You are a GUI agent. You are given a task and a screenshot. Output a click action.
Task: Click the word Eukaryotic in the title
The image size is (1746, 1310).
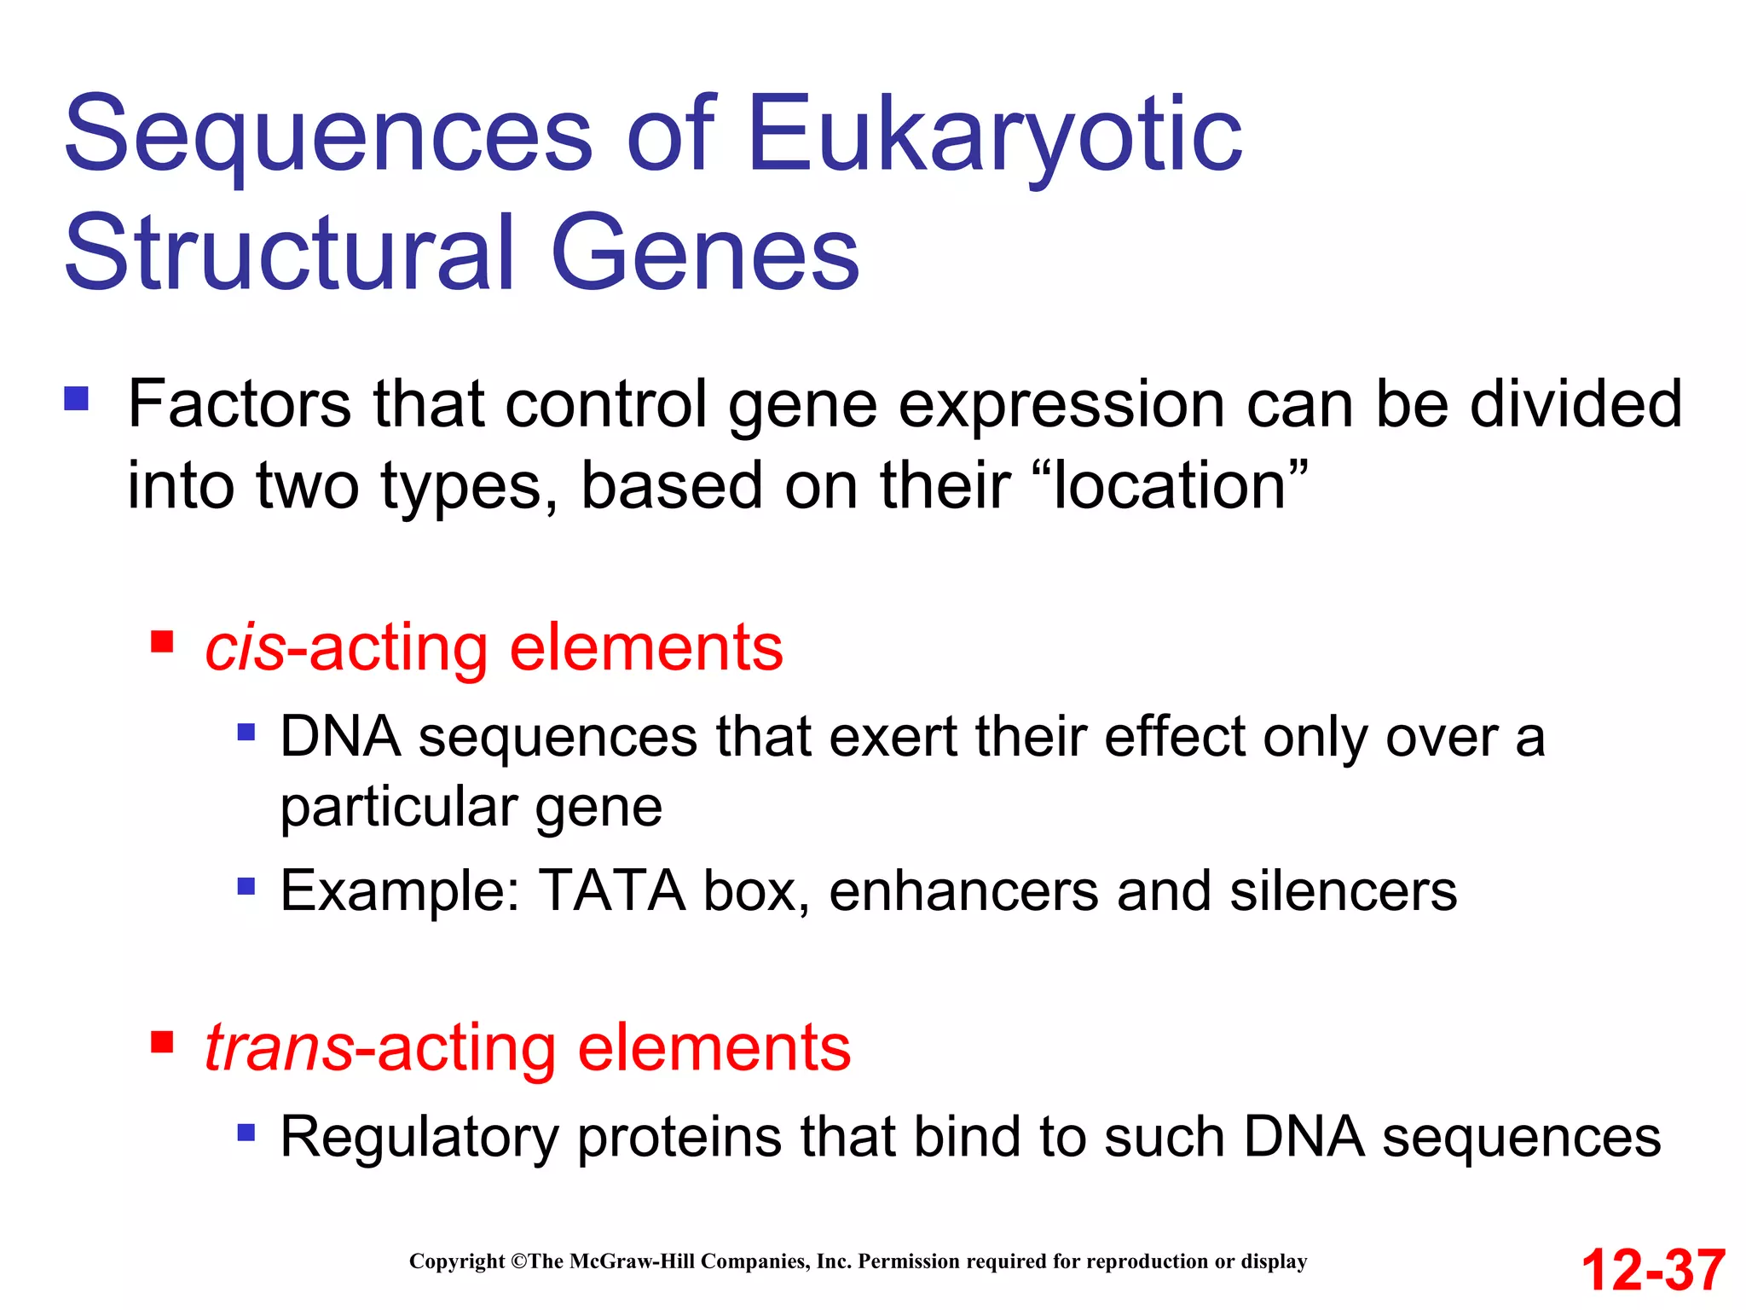coord(994,136)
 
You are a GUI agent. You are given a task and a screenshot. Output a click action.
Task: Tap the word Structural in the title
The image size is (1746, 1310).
coord(290,253)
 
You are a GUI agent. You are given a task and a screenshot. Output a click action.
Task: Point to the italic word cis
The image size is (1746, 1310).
coord(245,648)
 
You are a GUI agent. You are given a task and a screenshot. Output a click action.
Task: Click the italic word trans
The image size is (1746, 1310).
coord(279,1048)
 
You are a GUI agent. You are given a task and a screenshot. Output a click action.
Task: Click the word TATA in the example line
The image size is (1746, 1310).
coord(612,891)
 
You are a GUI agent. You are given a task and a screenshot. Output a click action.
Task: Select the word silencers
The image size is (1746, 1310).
coord(1343,891)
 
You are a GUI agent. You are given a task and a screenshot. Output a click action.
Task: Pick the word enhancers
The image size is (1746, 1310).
coord(963,891)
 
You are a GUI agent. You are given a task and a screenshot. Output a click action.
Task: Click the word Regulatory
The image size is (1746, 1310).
coord(419,1139)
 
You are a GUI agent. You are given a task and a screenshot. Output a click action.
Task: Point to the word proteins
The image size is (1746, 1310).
coord(679,1139)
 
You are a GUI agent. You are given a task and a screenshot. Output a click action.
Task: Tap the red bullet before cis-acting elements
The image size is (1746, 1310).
coord(162,641)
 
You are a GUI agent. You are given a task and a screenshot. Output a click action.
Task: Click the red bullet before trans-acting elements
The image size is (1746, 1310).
coord(162,1041)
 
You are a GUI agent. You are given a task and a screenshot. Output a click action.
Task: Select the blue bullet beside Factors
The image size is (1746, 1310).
coord(77,399)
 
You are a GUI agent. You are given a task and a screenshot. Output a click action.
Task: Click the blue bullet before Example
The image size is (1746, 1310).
coord(246,887)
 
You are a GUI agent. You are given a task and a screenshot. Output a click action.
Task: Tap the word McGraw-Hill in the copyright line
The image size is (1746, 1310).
coord(632,1261)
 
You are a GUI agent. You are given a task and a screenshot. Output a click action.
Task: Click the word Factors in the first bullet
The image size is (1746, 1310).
coord(239,404)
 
